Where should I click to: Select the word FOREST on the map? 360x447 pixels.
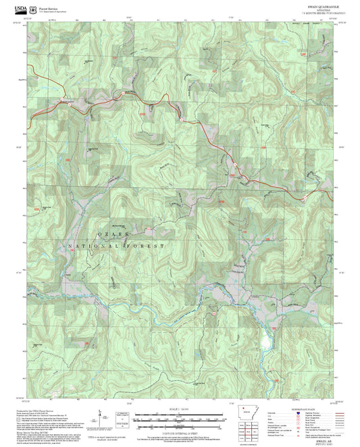pos(149,246)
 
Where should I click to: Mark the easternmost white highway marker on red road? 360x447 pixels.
pos(304,197)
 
